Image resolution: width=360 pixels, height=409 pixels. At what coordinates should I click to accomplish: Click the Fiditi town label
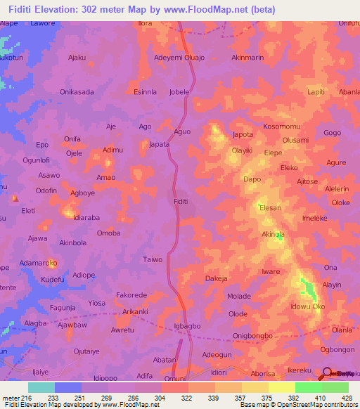180,202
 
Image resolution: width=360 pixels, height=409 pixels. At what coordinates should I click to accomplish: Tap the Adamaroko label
39,263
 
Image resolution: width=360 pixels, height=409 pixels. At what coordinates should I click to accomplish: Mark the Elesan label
271,208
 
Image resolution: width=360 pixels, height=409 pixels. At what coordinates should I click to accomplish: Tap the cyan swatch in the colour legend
41,387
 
